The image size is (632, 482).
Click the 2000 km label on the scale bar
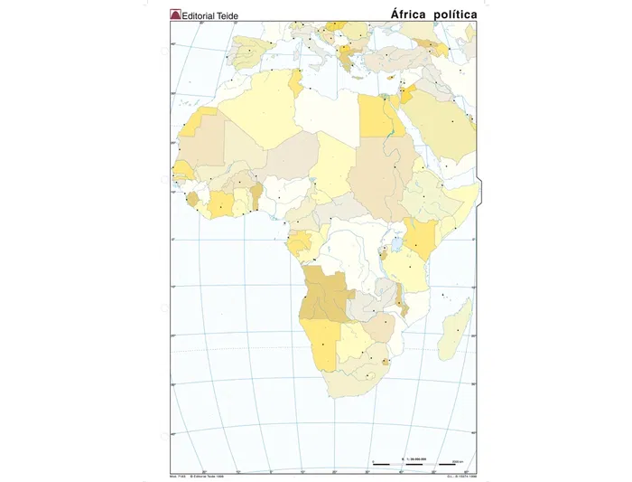point(457,460)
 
